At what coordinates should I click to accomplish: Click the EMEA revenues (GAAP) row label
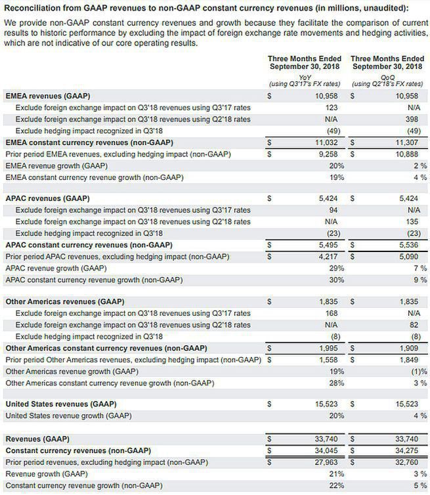coord(47,96)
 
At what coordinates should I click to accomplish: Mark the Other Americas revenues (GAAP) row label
coord(61,301)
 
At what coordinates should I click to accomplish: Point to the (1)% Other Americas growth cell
coord(416,370)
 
